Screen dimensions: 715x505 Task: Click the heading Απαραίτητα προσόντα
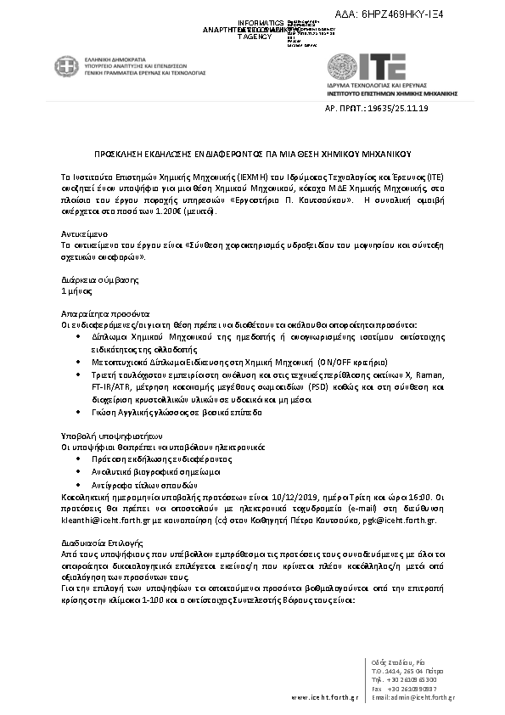point(98,313)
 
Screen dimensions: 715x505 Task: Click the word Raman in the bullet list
point(428,374)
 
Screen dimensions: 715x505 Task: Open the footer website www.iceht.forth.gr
point(323,697)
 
